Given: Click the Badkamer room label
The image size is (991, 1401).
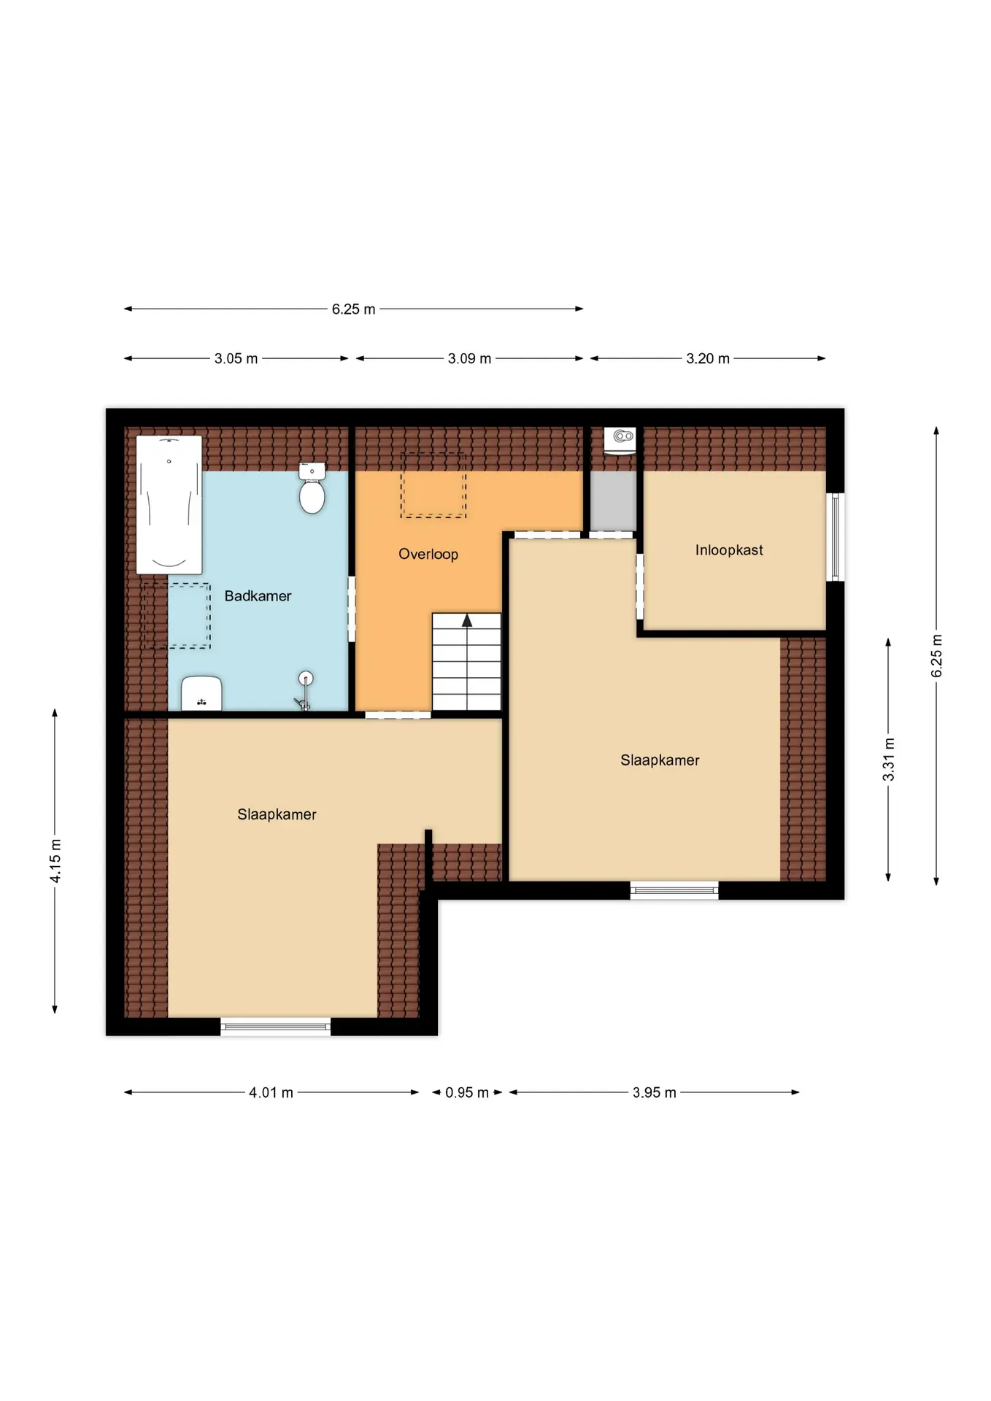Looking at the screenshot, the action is click(x=258, y=596).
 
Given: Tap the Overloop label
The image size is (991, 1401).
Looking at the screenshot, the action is click(x=428, y=554).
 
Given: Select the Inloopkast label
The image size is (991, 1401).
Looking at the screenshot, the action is click(x=729, y=550).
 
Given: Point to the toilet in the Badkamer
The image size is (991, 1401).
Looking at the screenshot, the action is click(x=312, y=487).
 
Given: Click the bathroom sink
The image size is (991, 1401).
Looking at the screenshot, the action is click(x=201, y=693).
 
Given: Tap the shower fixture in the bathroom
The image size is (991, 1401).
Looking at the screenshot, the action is click(x=305, y=690).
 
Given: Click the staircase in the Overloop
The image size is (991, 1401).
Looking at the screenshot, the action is click(x=466, y=662).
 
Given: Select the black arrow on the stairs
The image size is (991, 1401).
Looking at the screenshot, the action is click(x=467, y=620).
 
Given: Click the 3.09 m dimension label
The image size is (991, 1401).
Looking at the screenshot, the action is click(x=469, y=359).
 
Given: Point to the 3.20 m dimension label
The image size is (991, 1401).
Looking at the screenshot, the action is click(x=708, y=359).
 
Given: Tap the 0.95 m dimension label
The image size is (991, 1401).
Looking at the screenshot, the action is click(x=467, y=1093).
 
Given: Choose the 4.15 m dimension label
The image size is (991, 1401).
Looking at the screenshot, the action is click(x=55, y=861).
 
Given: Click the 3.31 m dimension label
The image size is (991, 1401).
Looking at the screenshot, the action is click(x=889, y=760).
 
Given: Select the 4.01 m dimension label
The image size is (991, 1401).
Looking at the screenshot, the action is click(x=271, y=1093).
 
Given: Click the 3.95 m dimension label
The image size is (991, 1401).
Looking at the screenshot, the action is click(x=655, y=1093).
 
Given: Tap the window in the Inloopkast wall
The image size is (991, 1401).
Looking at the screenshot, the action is click(x=836, y=537).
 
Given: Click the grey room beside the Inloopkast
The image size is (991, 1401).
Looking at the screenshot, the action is click(x=613, y=501).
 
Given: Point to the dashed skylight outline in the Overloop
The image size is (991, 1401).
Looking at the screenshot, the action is click(x=433, y=485).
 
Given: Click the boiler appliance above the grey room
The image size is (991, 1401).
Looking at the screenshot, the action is click(x=620, y=441).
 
